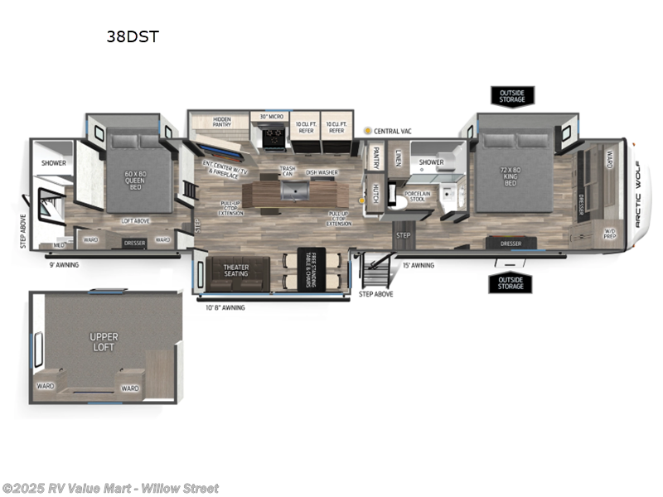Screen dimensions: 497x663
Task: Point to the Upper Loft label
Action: click(x=104, y=342)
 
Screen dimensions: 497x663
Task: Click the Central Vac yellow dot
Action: click(x=368, y=131)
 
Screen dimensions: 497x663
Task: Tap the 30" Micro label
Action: click(x=272, y=117)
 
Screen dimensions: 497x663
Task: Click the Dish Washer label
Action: click(x=322, y=172)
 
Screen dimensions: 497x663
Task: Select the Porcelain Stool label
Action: click(x=417, y=197)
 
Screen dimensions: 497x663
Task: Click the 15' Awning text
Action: click(x=418, y=266)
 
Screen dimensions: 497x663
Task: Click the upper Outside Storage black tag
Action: click(x=511, y=96)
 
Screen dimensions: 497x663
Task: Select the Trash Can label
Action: click(x=287, y=172)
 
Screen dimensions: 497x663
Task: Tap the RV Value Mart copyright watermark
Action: click(x=110, y=488)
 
